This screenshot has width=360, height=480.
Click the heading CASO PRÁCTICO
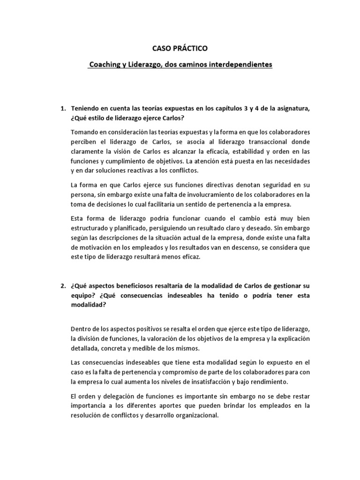[180, 48]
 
